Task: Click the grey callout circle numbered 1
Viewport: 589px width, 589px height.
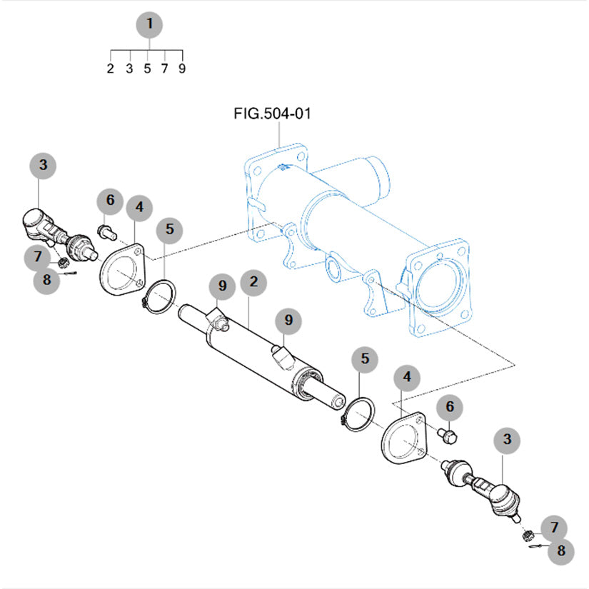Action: (x=149, y=25)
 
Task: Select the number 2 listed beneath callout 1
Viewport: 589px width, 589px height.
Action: (x=111, y=69)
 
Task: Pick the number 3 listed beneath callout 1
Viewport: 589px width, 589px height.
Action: (x=129, y=69)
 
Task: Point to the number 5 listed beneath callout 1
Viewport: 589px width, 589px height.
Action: (x=147, y=69)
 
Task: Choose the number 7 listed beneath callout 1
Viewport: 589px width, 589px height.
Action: (x=165, y=69)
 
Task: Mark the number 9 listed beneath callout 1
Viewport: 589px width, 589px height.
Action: (x=183, y=69)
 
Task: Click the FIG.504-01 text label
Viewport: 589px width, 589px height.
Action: (x=273, y=114)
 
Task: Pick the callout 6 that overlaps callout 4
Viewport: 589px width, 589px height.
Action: (x=110, y=201)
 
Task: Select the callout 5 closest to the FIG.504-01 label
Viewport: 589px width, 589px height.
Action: (x=169, y=230)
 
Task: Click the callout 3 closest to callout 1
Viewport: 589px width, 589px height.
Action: (x=44, y=166)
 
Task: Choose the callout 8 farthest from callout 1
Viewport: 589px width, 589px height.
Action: (x=561, y=550)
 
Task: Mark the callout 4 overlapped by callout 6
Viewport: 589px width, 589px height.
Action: (x=139, y=208)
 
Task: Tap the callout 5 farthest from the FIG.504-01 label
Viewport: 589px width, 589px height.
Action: (x=365, y=359)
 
